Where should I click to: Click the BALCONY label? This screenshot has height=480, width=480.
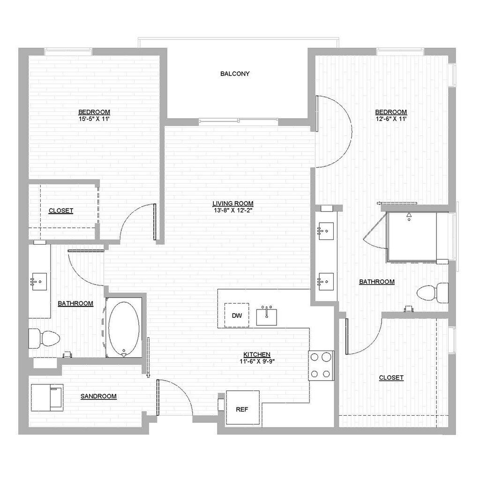[x=235, y=74]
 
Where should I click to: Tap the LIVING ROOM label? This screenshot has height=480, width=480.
[x=233, y=203]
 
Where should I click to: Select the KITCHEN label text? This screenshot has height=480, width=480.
[x=256, y=354]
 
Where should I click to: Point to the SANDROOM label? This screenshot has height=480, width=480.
[x=98, y=396]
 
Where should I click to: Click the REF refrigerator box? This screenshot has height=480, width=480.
[x=242, y=409]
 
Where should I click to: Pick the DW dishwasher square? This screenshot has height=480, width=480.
[x=237, y=315]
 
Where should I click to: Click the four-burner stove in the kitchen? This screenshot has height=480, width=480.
[x=321, y=365]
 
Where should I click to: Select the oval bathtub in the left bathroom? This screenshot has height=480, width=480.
[x=124, y=329]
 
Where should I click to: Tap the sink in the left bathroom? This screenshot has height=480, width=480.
[x=39, y=282]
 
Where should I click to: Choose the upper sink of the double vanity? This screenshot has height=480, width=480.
[x=325, y=230]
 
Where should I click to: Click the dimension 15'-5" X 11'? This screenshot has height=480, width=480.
[x=94, y=119]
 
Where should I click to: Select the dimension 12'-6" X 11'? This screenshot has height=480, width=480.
[x=391, y=119]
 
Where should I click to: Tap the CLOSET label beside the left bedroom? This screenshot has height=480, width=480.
[x=61, y=210]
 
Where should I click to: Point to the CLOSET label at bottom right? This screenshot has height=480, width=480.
[x=391, y=377]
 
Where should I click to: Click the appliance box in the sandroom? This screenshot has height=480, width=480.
[x=47, y=397]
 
